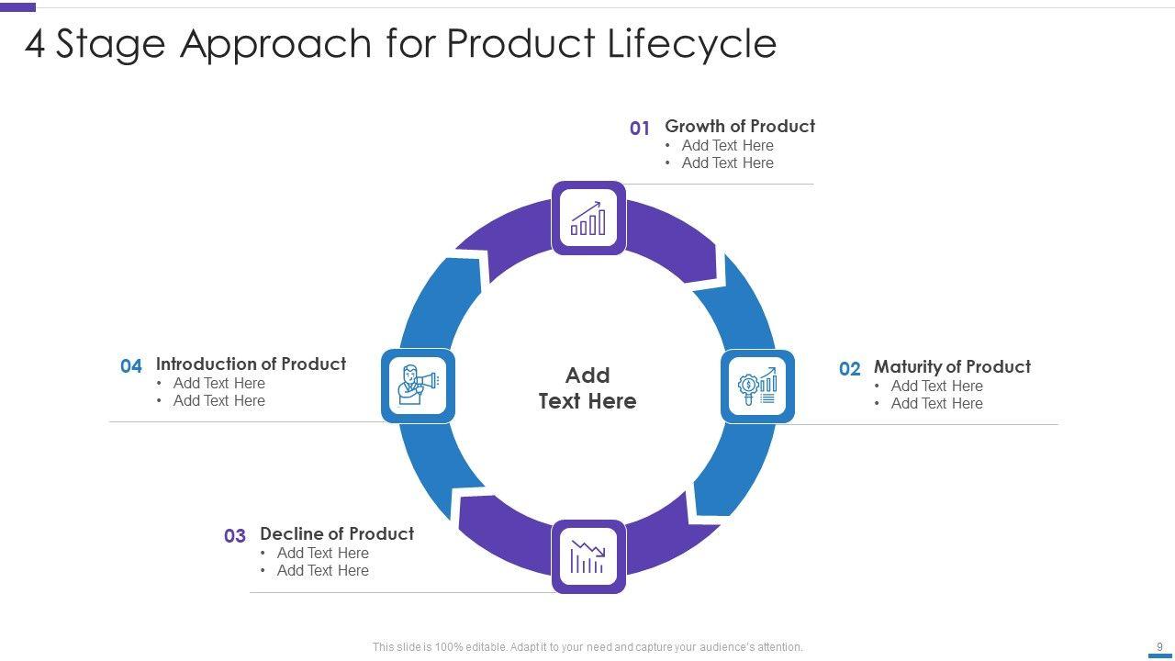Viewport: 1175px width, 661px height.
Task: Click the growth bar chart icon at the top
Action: pyautogui.click(x=588, y=218)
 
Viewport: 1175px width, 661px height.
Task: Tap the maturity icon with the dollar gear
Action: pyautogui.click(x=757, y=387)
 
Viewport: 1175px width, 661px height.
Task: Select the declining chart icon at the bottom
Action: pyautogui.click(x=588, y=556)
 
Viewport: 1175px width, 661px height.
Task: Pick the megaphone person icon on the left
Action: pyautogui.click(x=418, y=386)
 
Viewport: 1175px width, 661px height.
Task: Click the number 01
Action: pyautogui.click(x=640, y=129)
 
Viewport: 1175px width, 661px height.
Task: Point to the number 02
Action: pyautogui.click(x=849, y=369)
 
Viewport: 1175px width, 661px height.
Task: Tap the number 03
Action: pyautogui.click(x=235, y=536)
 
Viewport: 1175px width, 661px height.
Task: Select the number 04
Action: pyautogui.click(x=131, y=366)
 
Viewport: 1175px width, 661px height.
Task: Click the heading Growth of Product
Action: pyautogui.click(x=740, y=126)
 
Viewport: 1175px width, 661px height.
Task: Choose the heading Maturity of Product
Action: pyautogui.click(x=952, y=366)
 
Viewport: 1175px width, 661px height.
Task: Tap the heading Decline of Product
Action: pyautogui.click(x=337, y=533)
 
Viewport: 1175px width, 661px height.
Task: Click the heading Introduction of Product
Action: pyautogui.click(x=251, y=364)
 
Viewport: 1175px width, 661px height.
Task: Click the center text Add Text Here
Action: pyautogui.click(x=587, y=388)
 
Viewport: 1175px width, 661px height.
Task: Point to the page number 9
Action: pyautogui.click(x=1159, y=646)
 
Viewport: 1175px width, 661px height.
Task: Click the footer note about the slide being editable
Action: pyautogui.click(x=587, y=647)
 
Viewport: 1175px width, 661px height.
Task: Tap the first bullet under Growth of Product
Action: pyautogui.click(x=727, y=145)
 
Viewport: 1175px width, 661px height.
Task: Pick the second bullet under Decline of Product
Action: pyautogui.click(x=322, y=570)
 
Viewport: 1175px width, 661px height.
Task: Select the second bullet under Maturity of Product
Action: pyautogui.click(x=936, y=403)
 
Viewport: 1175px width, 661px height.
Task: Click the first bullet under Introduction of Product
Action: pyautogui.click(x=218, y=383)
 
